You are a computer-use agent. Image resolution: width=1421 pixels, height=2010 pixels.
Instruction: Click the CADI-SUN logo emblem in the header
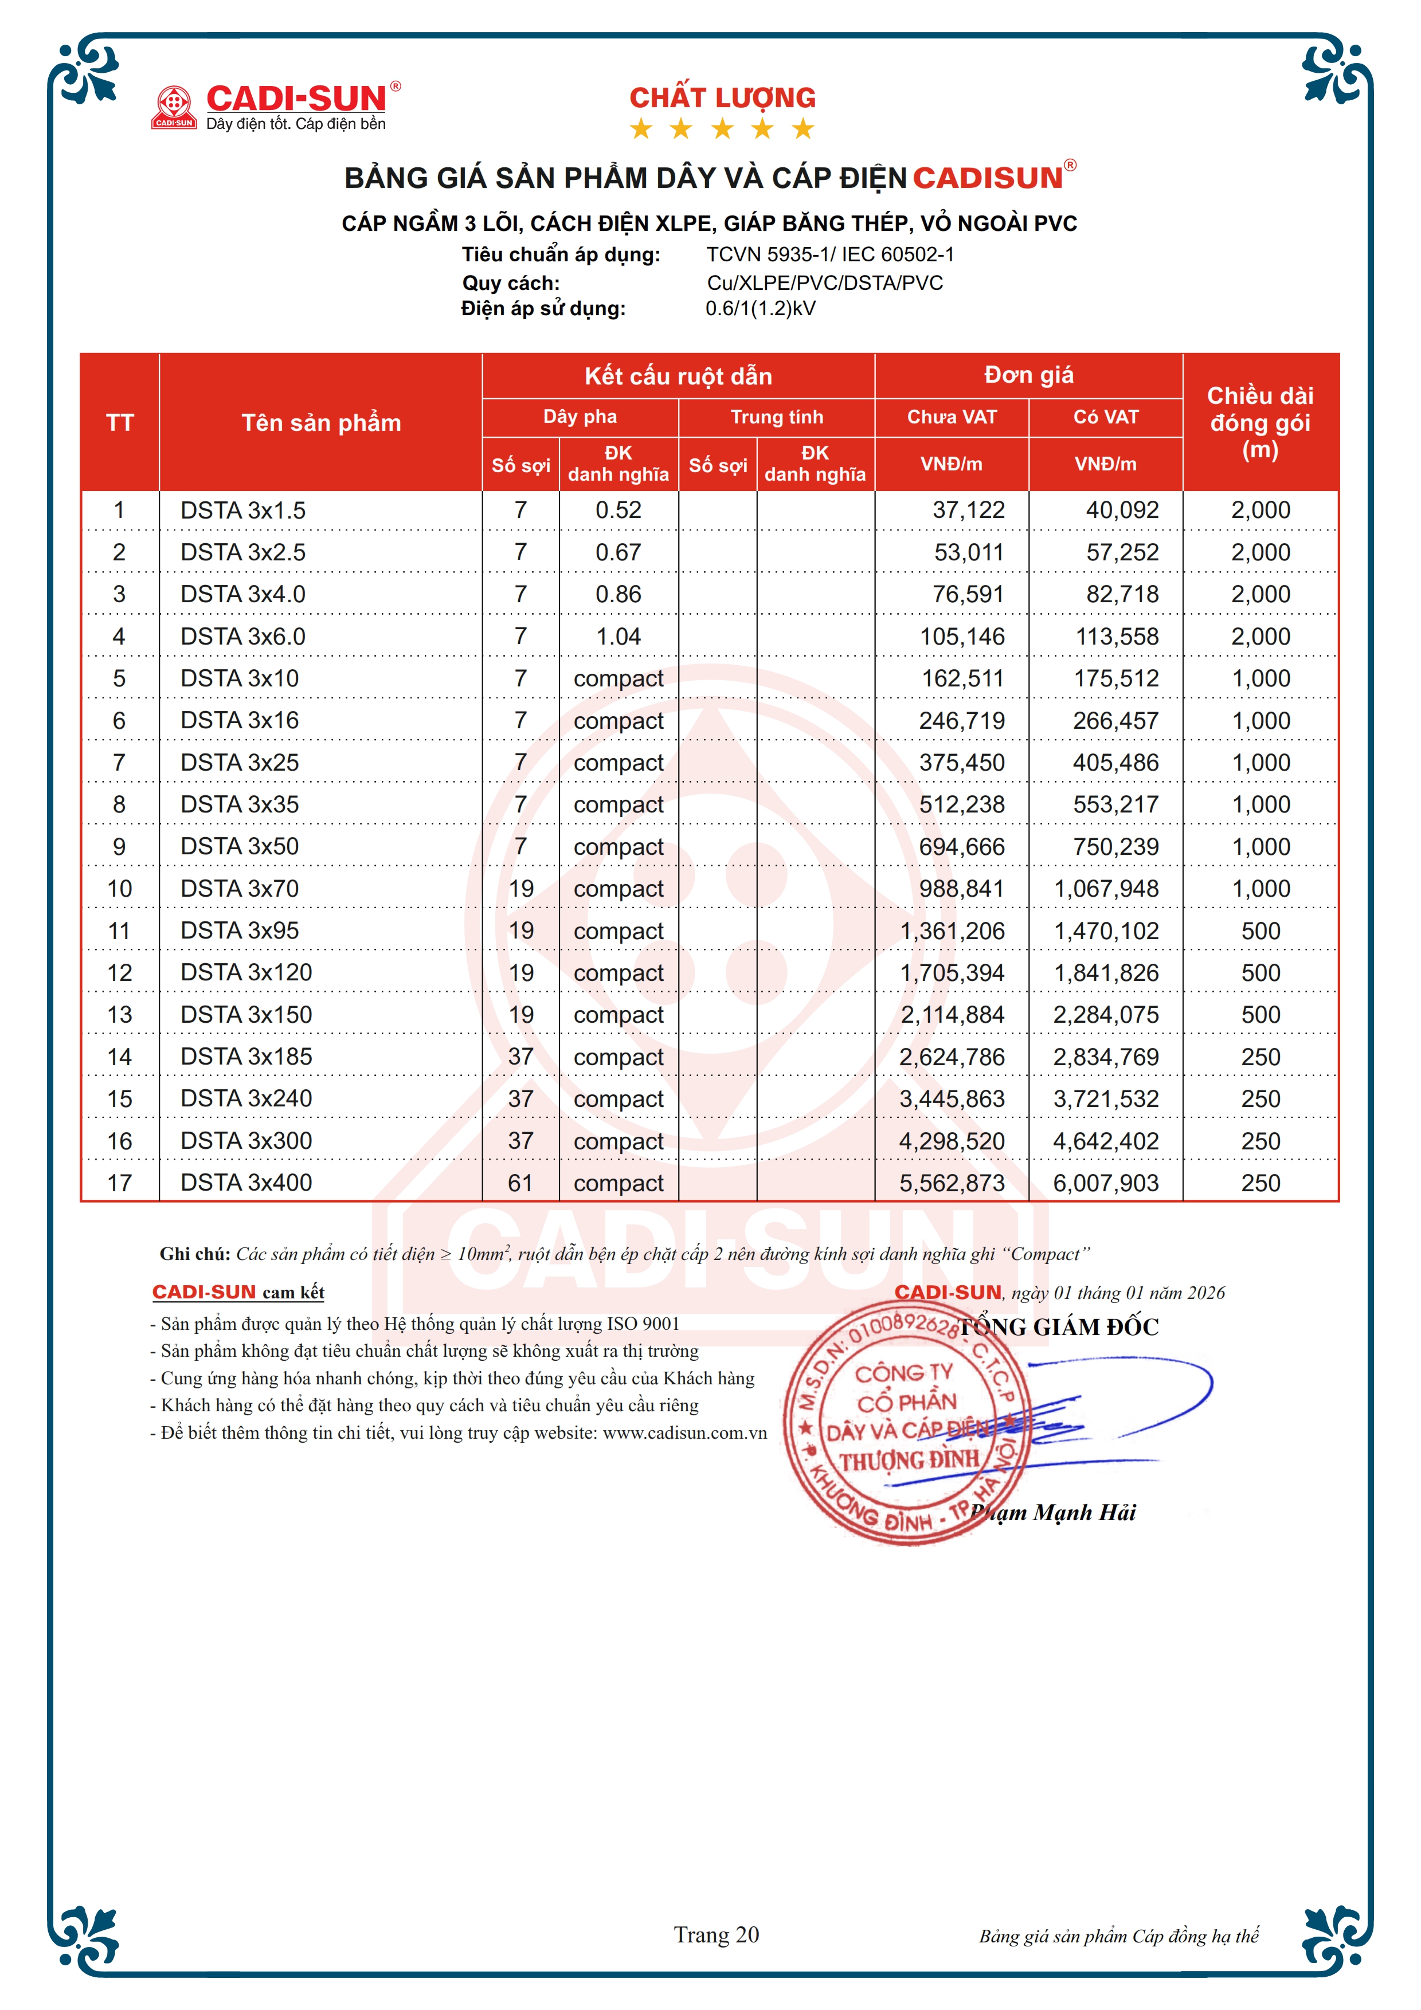173,106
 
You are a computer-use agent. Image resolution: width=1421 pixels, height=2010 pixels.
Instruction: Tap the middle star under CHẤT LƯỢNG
722,129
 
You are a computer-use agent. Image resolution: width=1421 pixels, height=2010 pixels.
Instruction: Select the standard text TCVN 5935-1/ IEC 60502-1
830,255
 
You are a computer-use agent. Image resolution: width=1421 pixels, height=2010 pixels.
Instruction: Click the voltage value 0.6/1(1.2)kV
760,308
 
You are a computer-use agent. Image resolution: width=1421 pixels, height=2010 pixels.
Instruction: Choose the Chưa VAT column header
952,417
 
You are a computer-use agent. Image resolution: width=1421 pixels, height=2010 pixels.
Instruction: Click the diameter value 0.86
618,594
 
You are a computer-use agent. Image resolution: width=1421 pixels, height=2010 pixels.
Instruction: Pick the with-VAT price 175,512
1116,678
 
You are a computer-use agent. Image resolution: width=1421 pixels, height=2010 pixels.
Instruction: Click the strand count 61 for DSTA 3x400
521,1183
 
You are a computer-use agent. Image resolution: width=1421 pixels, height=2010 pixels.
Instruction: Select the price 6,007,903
1106,1183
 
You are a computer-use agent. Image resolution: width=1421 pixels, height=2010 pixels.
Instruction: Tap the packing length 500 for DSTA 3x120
1260,972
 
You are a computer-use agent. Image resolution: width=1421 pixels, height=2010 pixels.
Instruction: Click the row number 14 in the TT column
120,1057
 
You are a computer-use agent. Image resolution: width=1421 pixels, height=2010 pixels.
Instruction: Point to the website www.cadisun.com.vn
684,1433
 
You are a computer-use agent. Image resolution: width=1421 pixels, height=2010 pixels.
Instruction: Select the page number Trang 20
716,1934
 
